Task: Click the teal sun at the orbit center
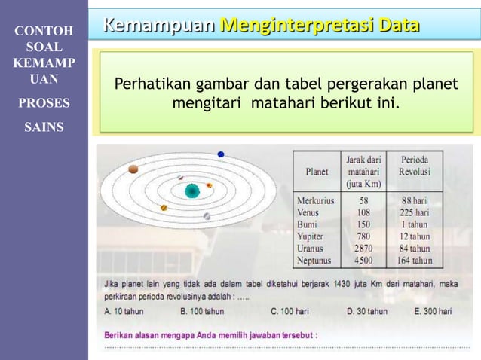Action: point(192,191)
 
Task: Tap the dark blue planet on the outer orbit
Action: point(221,154)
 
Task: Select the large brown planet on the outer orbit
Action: point(133,169)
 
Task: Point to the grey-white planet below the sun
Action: point(207,216)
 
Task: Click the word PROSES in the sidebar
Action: point(44,103)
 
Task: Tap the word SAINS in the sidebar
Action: point(44,127)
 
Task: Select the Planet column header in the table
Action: point(317,172)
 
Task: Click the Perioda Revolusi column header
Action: point(415,166)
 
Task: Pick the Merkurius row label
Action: point(315,201)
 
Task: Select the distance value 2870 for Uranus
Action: point(363,249)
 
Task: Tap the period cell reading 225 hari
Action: point(415,213)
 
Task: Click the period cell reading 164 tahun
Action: point(415,261)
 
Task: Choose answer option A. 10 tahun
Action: point(124,310)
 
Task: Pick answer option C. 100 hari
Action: point(290,310)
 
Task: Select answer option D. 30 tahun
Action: point(367,310)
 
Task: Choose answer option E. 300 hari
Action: point(433,310)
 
